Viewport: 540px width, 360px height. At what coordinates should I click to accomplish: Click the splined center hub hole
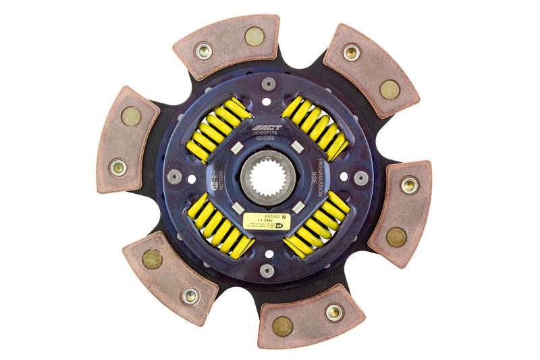268,178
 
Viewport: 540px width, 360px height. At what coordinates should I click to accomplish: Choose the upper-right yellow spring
315,128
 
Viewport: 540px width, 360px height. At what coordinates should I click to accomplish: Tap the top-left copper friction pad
227,46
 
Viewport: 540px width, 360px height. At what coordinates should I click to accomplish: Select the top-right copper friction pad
371,70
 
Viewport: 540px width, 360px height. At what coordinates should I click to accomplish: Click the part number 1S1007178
267,134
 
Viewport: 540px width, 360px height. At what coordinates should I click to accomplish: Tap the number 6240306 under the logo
269,140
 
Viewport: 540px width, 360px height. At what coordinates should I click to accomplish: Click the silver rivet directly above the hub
269,84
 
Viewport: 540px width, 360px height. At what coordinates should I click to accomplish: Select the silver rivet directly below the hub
267,271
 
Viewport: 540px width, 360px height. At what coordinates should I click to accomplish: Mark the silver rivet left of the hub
175,177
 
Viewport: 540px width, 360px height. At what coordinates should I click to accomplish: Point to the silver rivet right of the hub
361,178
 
